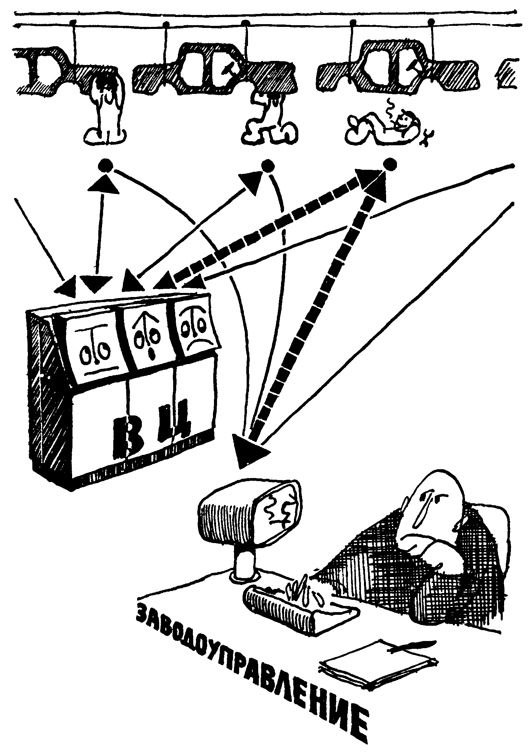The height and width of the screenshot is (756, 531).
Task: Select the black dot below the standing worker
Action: [105, 166]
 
